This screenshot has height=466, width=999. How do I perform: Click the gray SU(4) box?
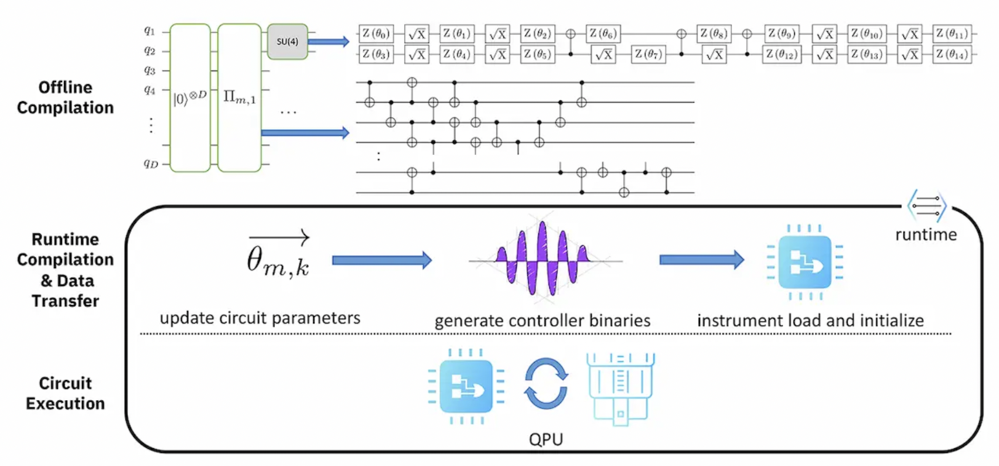click(287, 41)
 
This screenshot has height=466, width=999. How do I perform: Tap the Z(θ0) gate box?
click(375, 33)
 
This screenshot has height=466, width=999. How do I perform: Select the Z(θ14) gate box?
click(952, 54)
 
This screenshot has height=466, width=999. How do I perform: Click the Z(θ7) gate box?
click(648, 54)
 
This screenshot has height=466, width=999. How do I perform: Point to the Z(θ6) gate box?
click(603, 33)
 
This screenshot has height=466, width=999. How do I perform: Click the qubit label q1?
click(149, 30)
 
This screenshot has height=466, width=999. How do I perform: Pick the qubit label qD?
click(151, 164)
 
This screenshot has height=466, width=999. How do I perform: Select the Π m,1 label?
click(239, 97)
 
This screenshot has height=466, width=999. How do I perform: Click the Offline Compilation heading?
click(65, 97)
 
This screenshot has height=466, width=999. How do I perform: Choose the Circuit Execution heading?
click(65, 393)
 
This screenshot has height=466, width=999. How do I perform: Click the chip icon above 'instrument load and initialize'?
click(805, 262)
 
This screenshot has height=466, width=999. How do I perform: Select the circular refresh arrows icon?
click(546, 384)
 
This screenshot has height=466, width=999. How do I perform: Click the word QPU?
click(546, 439)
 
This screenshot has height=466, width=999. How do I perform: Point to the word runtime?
click(926, 235)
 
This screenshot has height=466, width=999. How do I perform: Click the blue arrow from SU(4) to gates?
click(328, 42)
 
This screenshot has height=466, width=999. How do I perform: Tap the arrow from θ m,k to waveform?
click(381, 260)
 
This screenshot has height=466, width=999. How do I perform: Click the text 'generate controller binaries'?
click(542, 320)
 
